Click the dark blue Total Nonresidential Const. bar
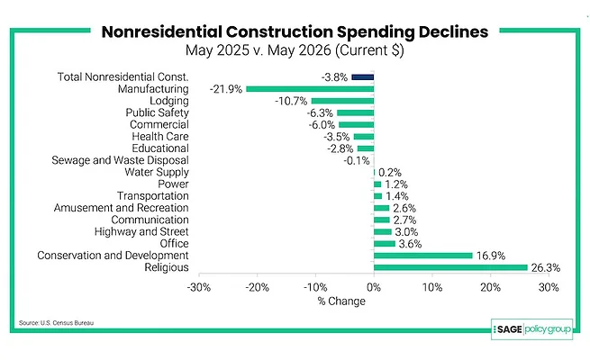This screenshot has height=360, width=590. (363, 77)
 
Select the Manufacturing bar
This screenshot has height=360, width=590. (310, 89)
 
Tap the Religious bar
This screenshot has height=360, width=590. (450, 267)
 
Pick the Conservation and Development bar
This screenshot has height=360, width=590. (423, 256)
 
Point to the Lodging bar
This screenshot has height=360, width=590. (343, 101)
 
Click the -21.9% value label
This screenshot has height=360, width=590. (226, 89)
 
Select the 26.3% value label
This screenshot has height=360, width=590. (546, 267)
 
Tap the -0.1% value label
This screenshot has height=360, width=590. (357, 161)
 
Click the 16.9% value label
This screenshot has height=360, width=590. (491, 256)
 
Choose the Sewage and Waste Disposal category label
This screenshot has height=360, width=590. (120, 160)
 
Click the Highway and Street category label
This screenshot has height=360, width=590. (141, 231)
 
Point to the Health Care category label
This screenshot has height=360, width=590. (160, 137)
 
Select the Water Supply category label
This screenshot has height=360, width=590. (157, 172)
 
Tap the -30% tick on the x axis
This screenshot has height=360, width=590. (199, 287)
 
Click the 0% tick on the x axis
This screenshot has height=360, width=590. (374, 287)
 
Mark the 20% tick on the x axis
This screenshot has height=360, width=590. (490, 287)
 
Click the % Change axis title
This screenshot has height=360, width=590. (341, 301)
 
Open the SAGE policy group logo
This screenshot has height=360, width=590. (531, 329)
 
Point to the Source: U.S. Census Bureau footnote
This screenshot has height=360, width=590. (56, 323)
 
